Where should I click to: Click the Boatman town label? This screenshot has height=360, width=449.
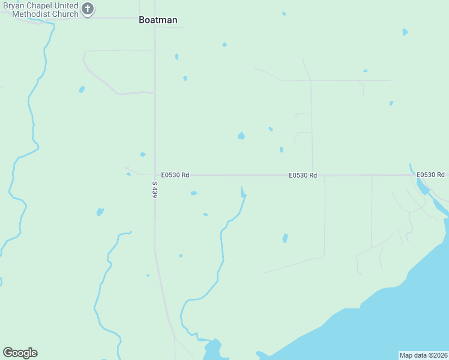tap(158, 20)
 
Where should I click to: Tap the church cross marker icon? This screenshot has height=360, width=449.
tap(88, 9)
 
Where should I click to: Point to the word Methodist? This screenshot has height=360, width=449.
tap(20, 14)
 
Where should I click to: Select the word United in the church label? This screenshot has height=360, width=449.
tap(65, 5)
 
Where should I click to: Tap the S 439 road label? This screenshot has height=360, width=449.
tap(154, 190)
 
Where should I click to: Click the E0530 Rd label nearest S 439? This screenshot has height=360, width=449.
tap(175, 175)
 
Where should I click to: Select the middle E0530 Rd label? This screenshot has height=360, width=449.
tap(303, 175)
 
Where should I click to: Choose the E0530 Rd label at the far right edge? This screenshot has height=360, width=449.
tap(432, 175)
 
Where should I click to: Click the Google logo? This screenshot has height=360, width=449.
tap(20, 353)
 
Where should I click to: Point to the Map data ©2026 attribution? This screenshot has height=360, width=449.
tap(423, 355)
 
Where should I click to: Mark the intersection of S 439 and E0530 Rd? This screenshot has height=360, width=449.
tap(155, 175)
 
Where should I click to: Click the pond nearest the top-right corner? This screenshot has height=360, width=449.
tap(405, 32)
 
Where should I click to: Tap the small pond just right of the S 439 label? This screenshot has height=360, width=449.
tap(194, 193)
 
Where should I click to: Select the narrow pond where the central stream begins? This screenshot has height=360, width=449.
tap(243, 191)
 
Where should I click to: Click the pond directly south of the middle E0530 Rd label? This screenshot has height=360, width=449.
tap(285, 238)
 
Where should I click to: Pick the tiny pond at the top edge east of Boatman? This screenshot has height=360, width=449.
tap(284, 13)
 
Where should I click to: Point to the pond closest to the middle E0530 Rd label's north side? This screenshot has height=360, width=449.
tap(281, 149)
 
